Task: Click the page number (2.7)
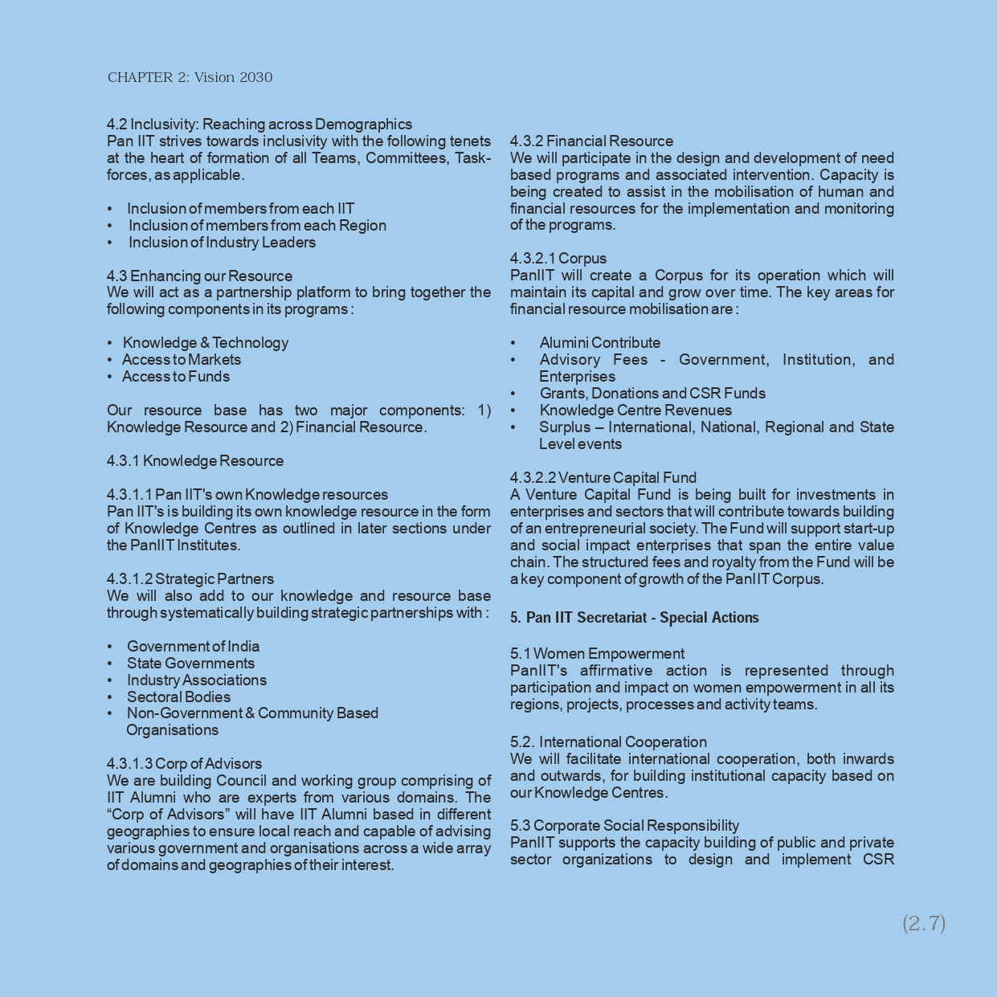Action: click(x=924, y=923)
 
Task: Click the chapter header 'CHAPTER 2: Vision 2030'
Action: click(x=190, y=78)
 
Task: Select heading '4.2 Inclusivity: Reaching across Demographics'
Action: click(x=259, y=125)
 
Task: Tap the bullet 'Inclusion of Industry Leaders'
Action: click(x=222, y=243)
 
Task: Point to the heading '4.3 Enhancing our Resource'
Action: click(x=199, y=276)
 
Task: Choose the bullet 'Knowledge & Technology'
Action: click(x=205, y=343)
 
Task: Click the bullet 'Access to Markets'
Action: click(x=182, y=360)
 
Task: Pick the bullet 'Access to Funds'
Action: click(x=176, y=377)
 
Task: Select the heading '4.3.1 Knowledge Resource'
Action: click(x=195, y=461)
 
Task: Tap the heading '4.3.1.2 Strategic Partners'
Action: click(x=190, y=579)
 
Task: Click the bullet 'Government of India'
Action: click(x=193, y=647)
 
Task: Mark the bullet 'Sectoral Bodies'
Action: click(x=178, y=697)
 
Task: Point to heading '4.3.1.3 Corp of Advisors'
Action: click(x=184, y=764)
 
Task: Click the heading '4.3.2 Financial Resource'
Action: click(x=591, y=141)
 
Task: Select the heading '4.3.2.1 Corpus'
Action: click(x=558, y=259)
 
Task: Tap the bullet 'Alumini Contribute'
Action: click(x=600, y=343)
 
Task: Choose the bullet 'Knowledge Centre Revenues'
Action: click(x=635, y=411)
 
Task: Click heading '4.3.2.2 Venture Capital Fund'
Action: click(x=603, y=478)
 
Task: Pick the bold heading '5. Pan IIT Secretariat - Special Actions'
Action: click(x=635, y=618)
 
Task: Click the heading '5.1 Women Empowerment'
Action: click(x=597, y=654)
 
